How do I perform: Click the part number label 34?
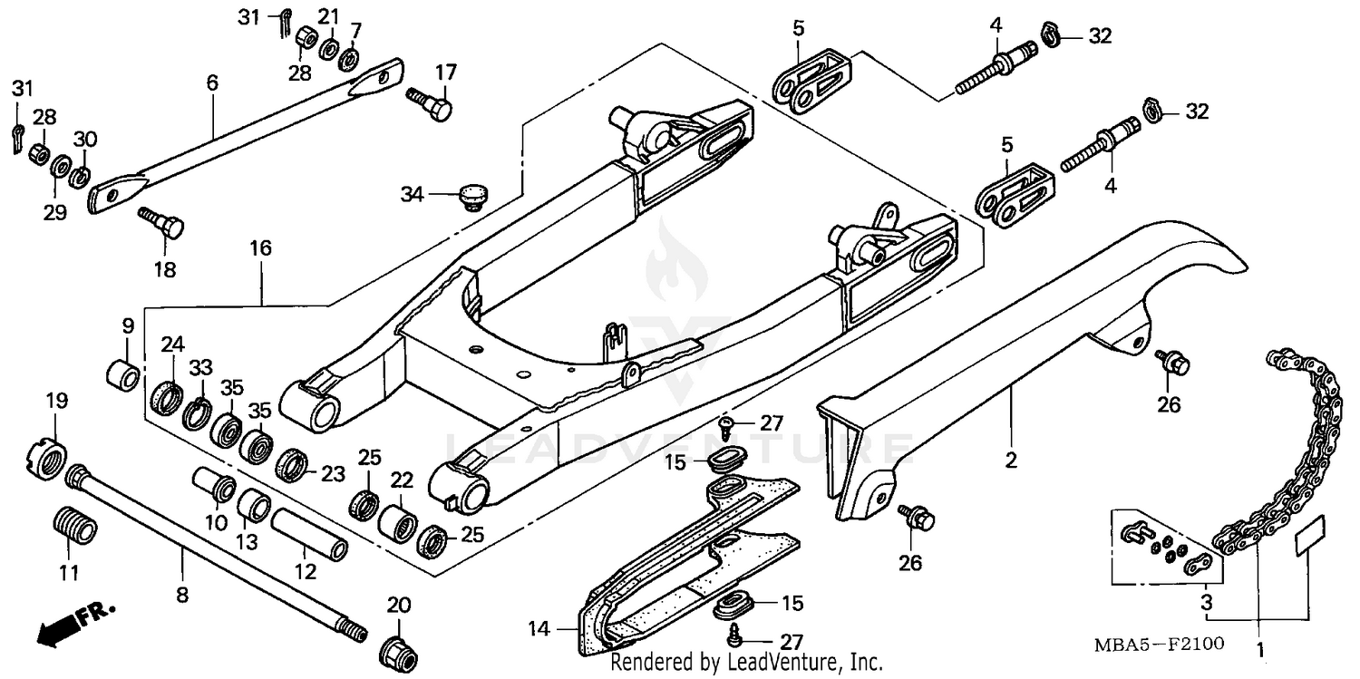click(413, 193)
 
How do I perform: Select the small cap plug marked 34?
click(471, 194)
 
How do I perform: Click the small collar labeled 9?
click(124, 373)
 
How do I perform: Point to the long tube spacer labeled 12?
click(310, 535)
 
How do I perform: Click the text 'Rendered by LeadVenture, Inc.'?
click(746, 663)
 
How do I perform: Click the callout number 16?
click(261, 247)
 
